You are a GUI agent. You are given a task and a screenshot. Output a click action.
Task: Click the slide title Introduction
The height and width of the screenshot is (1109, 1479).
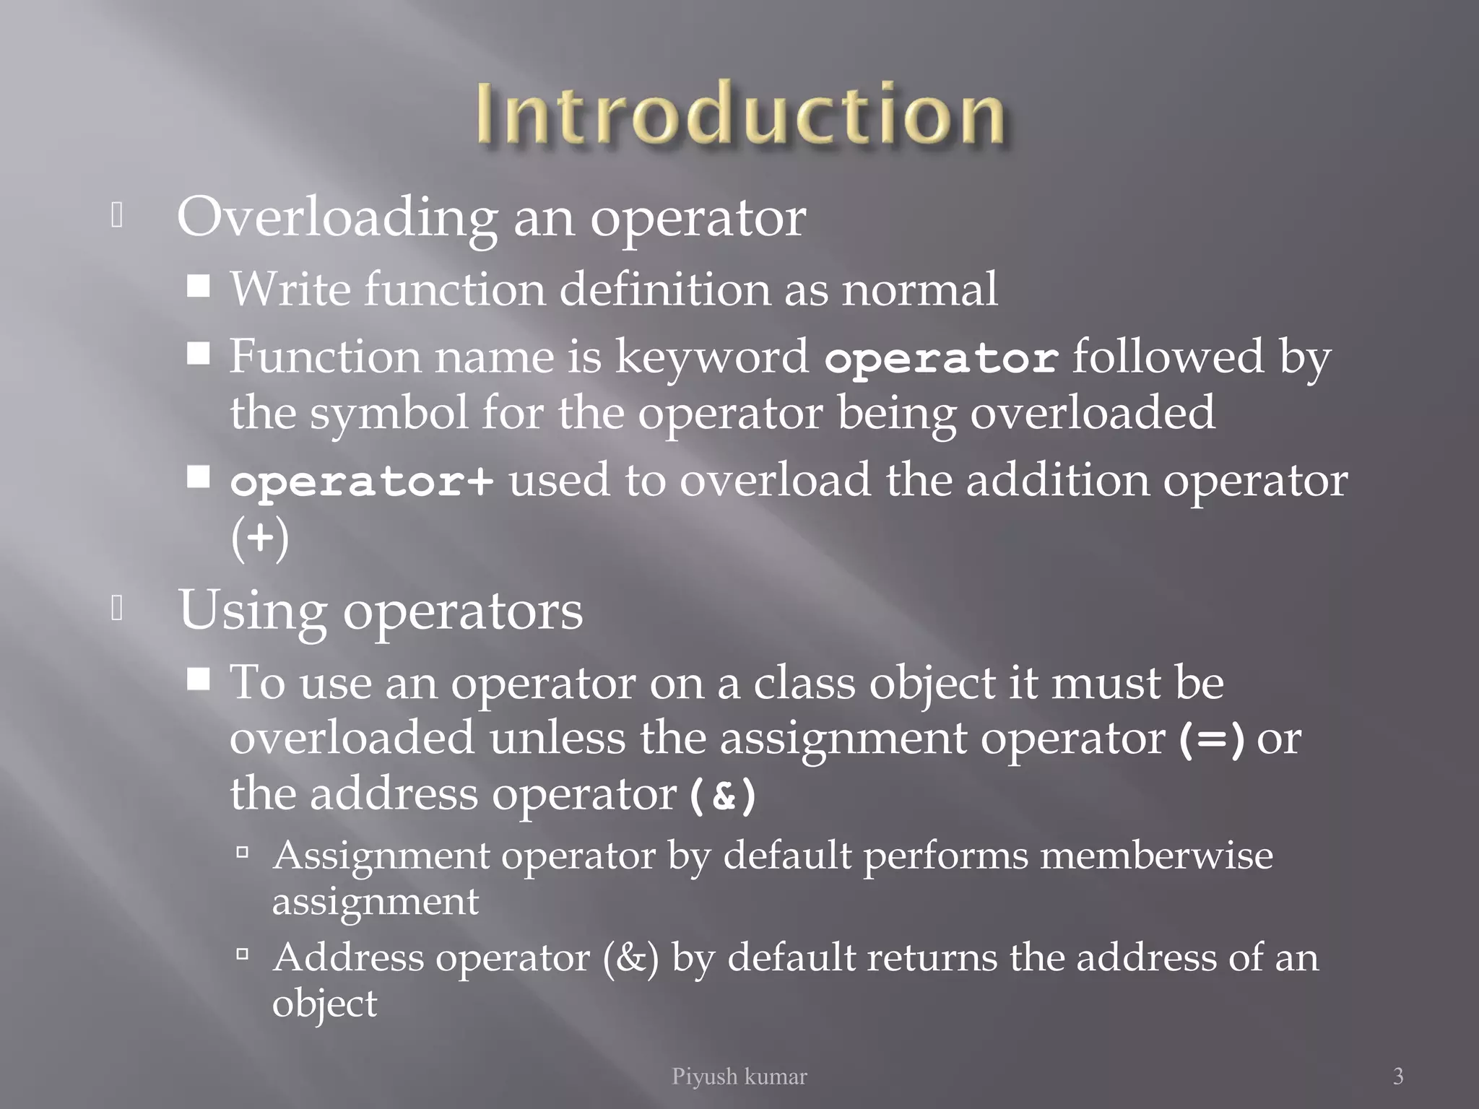click(x=739, y=114)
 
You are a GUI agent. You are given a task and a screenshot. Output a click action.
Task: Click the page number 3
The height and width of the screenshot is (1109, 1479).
click(x=1398, y=1076)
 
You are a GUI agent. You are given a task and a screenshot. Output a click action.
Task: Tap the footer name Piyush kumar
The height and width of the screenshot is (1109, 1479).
click(x=739, y=1077)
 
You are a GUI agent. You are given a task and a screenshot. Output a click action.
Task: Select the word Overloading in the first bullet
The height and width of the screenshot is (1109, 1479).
click(x=337, y=217)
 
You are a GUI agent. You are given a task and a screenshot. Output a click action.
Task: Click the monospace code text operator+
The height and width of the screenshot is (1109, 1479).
click(x=362, y=482)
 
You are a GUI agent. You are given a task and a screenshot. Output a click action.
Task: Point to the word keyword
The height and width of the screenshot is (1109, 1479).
click(x=711, y=357)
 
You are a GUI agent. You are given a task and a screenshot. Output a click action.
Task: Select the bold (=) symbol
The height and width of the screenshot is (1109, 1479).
click(x=1211, y=740)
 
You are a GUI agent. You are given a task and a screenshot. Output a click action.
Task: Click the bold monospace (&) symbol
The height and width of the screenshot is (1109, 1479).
click(x=722, y=796)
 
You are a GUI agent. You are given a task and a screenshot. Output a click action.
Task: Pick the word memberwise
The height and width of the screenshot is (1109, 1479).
click(x=1156, y=856)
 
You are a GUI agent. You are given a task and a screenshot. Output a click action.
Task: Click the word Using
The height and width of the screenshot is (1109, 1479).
click(x=252, y=611)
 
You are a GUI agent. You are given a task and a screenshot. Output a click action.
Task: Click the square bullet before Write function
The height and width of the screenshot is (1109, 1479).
click(x=199, y=286)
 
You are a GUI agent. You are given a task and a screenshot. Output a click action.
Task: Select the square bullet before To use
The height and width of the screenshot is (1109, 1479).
click(x=199, y=679)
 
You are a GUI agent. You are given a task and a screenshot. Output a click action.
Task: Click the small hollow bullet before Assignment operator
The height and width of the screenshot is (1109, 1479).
click(x=243, y=853)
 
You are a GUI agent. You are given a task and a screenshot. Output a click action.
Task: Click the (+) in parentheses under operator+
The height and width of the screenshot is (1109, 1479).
click(x=260, y=539)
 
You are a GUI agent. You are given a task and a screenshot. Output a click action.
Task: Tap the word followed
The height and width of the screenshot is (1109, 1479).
click(x=1168, y=357)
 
